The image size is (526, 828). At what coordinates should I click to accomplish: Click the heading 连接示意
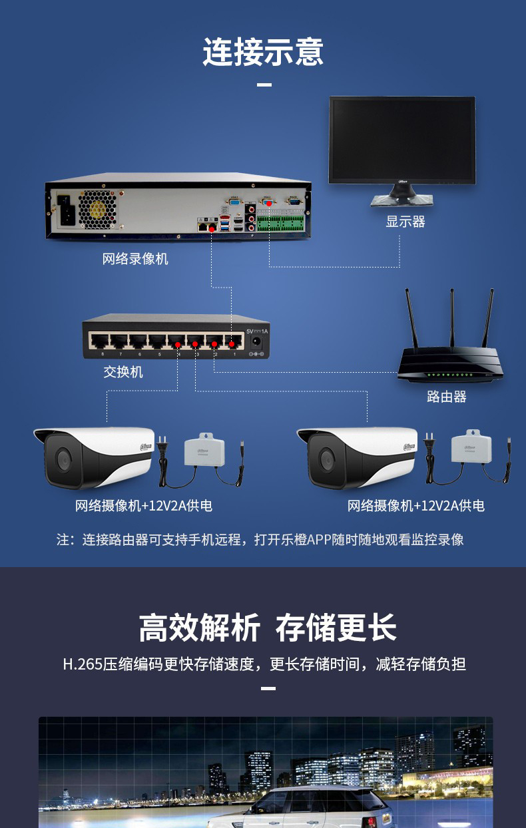coord(263,52)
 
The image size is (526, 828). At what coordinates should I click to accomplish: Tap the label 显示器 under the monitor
coord(405,222)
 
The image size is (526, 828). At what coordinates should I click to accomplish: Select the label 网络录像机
coord(135,258)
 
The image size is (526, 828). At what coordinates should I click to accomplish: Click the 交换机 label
coord(123,371)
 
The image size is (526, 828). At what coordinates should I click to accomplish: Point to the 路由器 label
coord(446,397)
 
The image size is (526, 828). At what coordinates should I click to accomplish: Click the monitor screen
coord(402,139)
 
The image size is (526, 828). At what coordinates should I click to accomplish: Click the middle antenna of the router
coord(452,319)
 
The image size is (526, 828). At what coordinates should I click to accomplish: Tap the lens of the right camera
coord(326,459)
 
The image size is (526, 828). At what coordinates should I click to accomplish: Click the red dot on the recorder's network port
coord(212,228)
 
